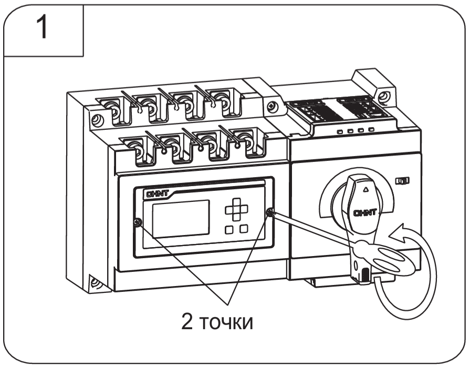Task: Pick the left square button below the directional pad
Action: click(229, 229)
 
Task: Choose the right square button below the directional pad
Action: click(244, 229)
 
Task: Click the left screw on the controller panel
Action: click(137, 223)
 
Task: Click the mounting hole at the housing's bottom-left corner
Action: click(95, 282)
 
